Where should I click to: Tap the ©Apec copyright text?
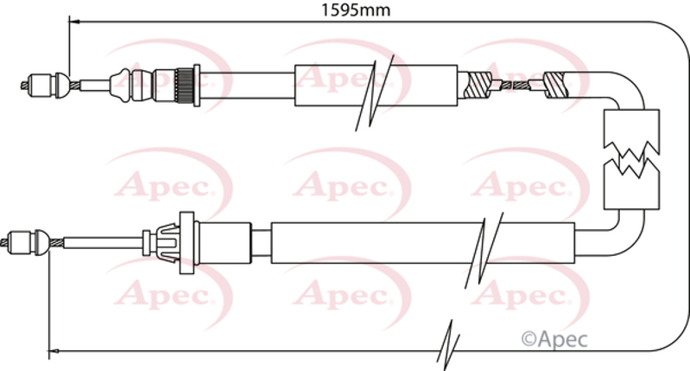tap(554, 339)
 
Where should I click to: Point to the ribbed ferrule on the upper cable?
tap(182, 85)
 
